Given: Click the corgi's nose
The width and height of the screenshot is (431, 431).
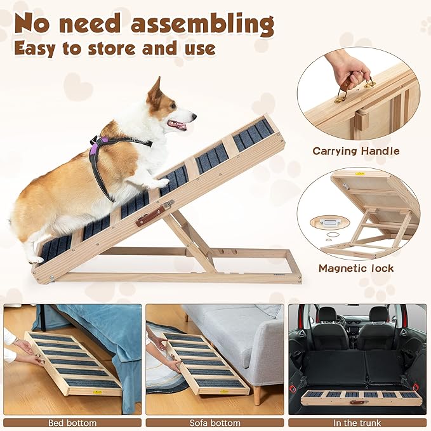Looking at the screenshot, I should [193, 116].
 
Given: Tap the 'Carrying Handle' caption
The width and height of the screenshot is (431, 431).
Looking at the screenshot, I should [355, 151].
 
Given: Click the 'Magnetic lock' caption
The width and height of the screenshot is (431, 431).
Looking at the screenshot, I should [355, 268].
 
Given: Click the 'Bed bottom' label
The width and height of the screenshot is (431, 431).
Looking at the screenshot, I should [72, 422].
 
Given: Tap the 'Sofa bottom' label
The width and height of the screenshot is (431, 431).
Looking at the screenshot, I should [215, 422].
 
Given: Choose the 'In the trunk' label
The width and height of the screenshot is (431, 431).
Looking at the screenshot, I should [357, 422].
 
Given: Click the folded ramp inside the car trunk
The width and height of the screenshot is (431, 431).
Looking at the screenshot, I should [359, 397].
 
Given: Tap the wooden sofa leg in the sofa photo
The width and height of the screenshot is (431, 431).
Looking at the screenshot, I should [256, 395].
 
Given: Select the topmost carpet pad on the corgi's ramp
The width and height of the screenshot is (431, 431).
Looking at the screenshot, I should [253, 134].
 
